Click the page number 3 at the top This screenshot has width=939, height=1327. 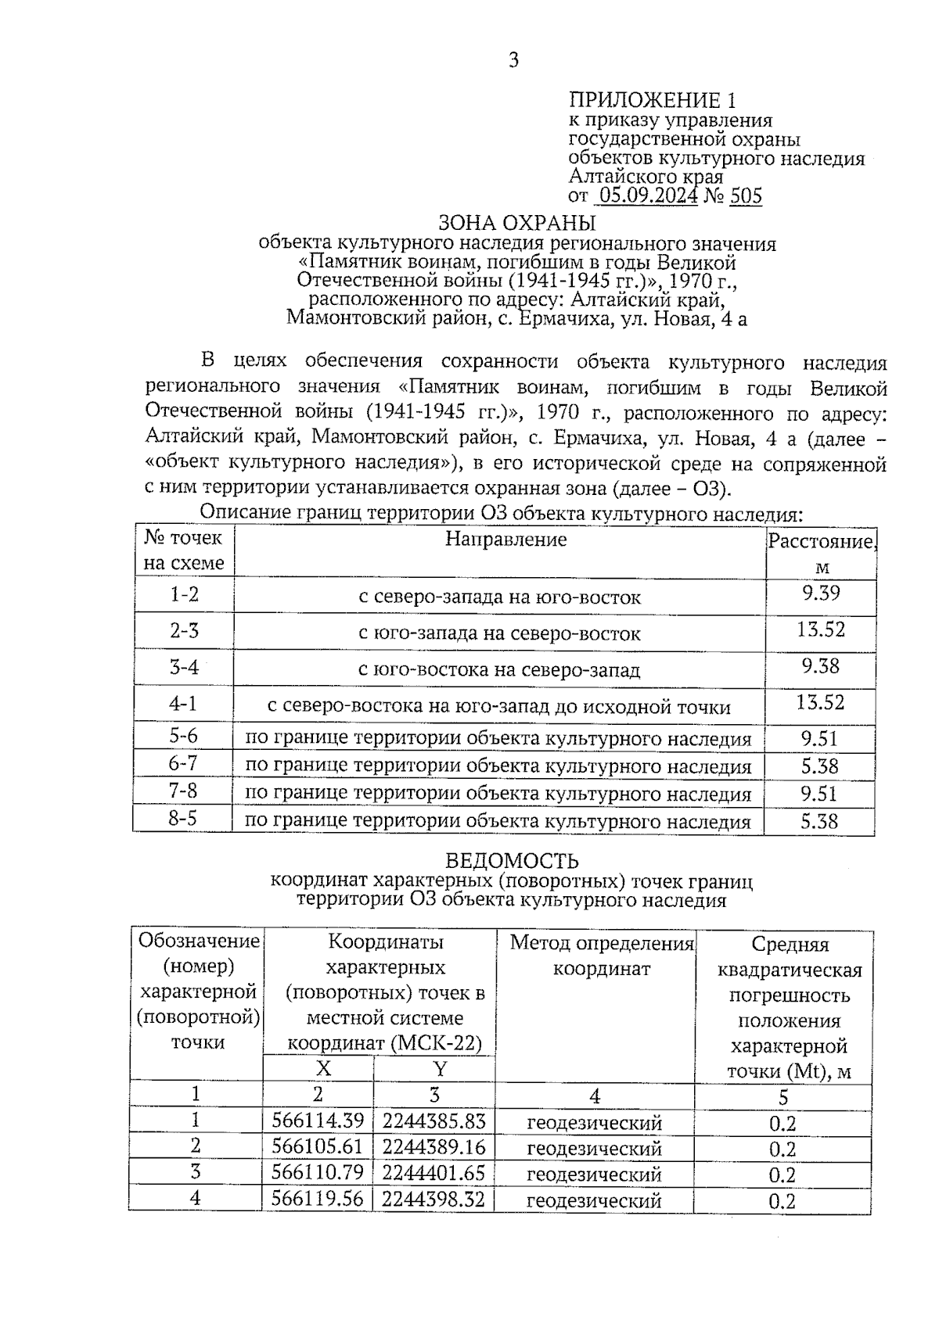(x=513, y=60)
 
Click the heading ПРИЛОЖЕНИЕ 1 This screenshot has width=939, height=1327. (x=653, y=100)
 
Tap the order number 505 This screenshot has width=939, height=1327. (x=746, y=195)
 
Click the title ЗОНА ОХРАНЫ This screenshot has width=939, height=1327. (x=517, y=222)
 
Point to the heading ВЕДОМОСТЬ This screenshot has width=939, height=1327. (x=512, y=861)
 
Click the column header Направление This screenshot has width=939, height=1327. (x=506, y=539)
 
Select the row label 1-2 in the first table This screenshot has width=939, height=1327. (x=185, y=594)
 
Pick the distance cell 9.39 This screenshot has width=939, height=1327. (x=820, y=593)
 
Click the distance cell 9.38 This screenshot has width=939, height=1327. (x=820, y=666)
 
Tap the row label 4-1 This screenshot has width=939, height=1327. (x=183, y=704)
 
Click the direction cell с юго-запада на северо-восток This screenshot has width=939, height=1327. (x=499, y=633)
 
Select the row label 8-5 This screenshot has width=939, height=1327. (x=182, y=820)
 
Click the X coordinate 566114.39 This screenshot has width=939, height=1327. (x=318, y=1121)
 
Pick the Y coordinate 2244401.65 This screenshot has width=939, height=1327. (x=434, y=1173)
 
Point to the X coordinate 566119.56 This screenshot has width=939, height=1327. (x=318, y=1199)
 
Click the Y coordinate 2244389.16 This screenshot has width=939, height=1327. (x=434, y=1147)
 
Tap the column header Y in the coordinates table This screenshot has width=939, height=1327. (x=439, y=1069)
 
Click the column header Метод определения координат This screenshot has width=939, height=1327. (x=601, y=956)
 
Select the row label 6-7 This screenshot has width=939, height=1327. (x=183, y=764)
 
